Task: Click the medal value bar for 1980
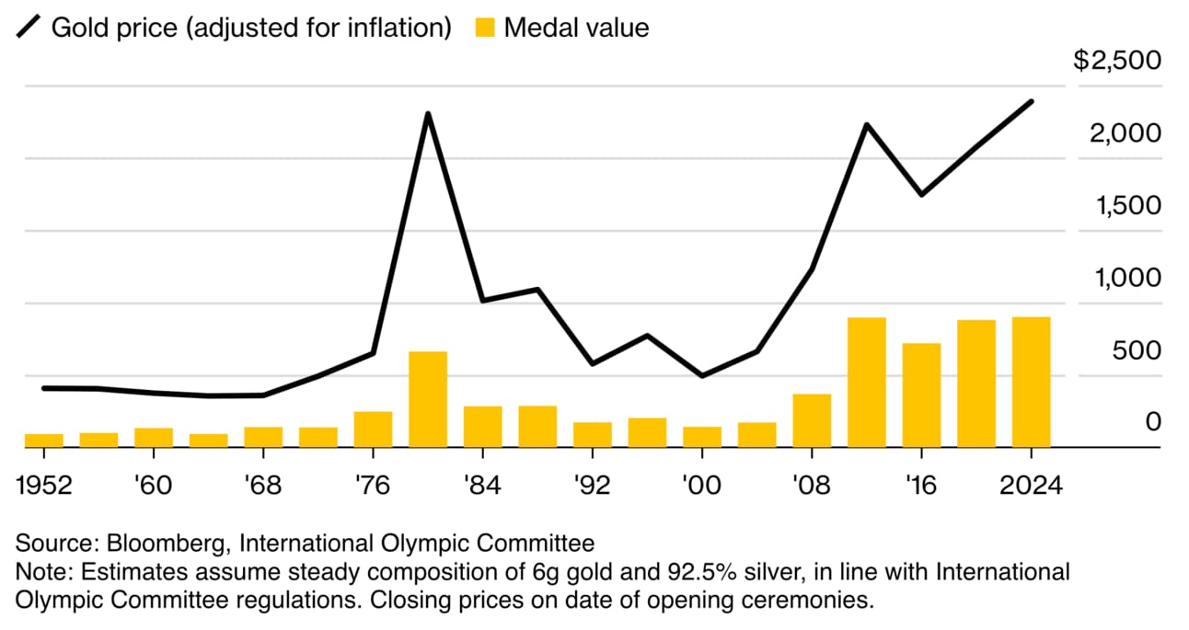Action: pos(428,399)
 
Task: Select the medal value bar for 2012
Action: pos(866,383)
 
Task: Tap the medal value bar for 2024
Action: pos(1031,383)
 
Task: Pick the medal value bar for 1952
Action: pos(44,441)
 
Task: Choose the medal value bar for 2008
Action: pos(812,420)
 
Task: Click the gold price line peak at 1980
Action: pos(428,114)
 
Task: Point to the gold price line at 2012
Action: pos(866,124)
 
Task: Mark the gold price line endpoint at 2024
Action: pos(1031,101)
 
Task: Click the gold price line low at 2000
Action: pos(702,375)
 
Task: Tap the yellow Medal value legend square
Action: pos(487,28)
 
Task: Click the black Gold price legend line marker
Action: pos(29,28)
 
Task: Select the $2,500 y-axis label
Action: pos(1117,61)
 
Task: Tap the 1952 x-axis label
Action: pos(44,485)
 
